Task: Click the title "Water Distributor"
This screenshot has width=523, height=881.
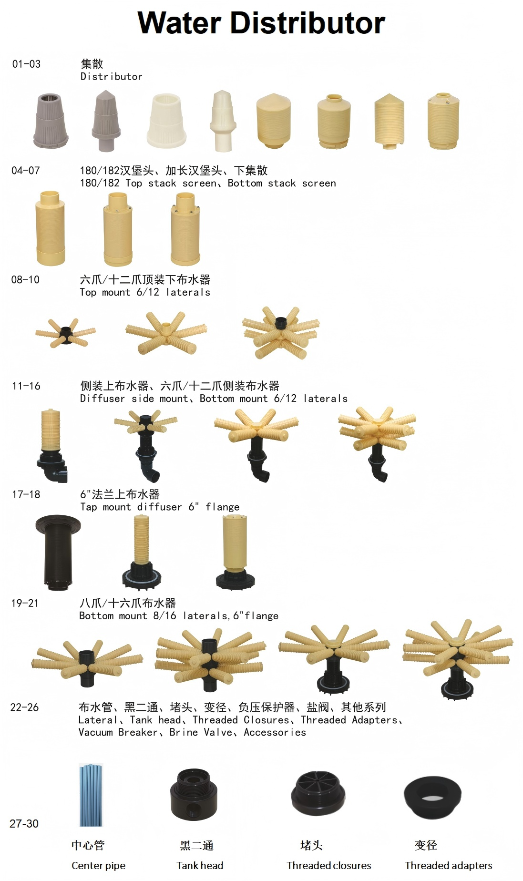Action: pos(261,22)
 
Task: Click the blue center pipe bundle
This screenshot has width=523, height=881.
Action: pos(91,795)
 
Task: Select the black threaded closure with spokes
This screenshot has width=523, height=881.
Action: pos(318,793)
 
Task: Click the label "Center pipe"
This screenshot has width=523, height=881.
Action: pos(99,865)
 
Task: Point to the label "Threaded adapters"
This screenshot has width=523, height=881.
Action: pos(449,865)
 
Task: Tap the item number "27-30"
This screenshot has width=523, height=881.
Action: pos(24,823)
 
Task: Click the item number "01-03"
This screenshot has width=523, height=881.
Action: pos(27,64)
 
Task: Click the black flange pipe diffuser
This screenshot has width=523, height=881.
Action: pos(58,552)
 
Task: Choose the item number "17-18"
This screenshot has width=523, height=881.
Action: pos(26,494)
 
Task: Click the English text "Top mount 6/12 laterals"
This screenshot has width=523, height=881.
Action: pos(145,292)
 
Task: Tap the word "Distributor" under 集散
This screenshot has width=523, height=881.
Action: pos(111,76)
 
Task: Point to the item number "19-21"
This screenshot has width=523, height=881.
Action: pos(25,603)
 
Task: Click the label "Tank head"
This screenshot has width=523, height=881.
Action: pos(200,865)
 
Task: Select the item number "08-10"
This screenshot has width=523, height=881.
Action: pos(25,279)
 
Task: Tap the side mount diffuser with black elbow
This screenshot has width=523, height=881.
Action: pos(52,445)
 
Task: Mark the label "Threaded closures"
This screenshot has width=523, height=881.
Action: pos(329,865)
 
